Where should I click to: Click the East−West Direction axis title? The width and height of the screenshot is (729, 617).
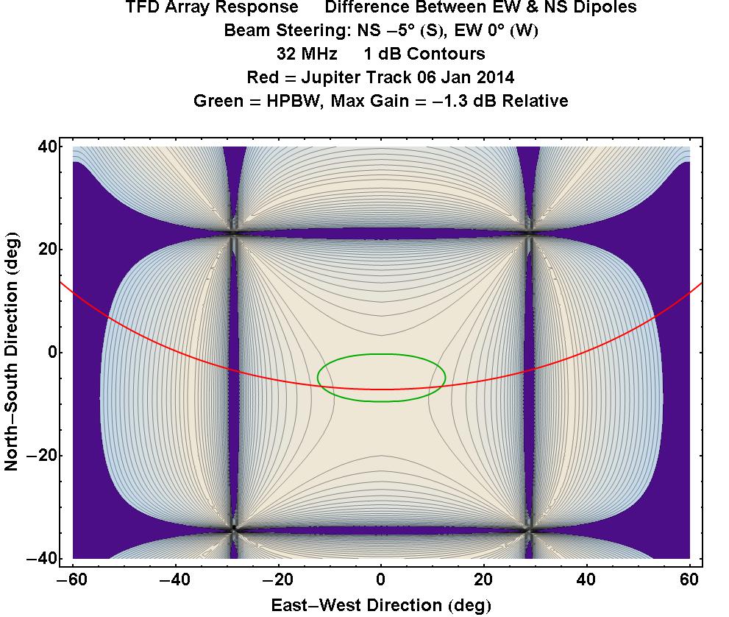pos(380,605)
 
